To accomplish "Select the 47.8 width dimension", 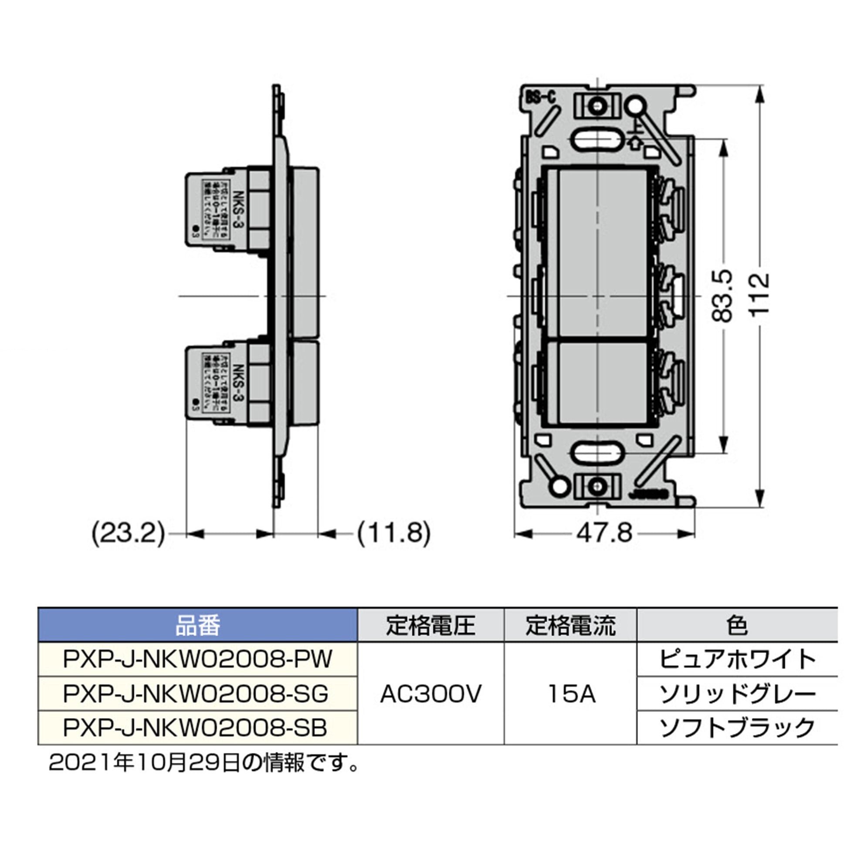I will point(604,534).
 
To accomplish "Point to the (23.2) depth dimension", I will point(129,534).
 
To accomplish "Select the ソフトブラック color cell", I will point(737,728).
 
